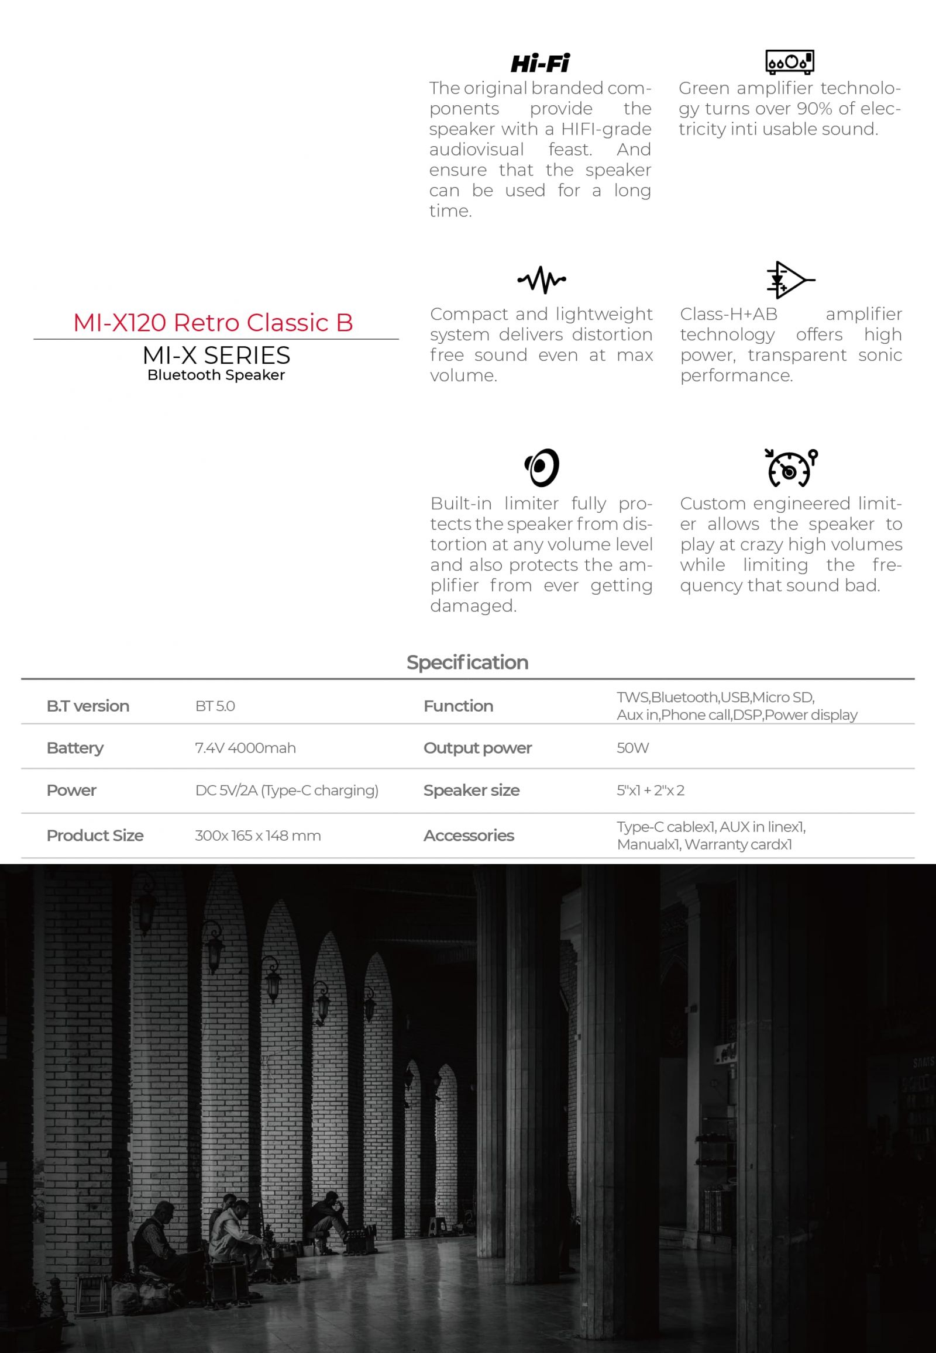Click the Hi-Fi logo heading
[x=539, y=63]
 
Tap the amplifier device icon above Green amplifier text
[x=789, y=61]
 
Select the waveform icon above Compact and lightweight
[x=541, y=279]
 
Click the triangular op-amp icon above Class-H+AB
[x=789, y=279]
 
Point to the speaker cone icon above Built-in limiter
[x=541, y=467]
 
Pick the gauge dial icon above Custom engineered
[x=790, y=468]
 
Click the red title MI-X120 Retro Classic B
[x=213, y=322]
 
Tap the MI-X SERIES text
[x=216, y=355]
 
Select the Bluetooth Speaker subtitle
[x=216, y=375]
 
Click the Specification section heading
[x=467, y=662]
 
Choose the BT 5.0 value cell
[x=215, y=706]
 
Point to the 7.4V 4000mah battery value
[x=245, y=748]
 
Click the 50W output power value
[x=632, y=748]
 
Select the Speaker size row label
[x=471, y=791]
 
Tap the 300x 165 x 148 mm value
[x=257, y=836]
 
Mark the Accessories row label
[x=469, y=836]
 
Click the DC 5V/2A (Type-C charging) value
[x=286, y=791]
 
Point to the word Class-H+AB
[x=728, y=314]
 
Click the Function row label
[x=458, y=706]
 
